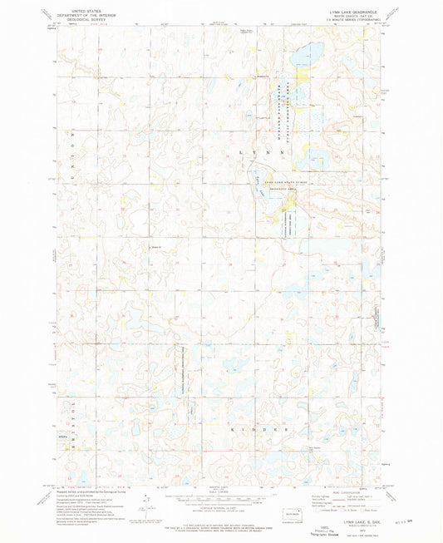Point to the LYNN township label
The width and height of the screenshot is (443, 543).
263,154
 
